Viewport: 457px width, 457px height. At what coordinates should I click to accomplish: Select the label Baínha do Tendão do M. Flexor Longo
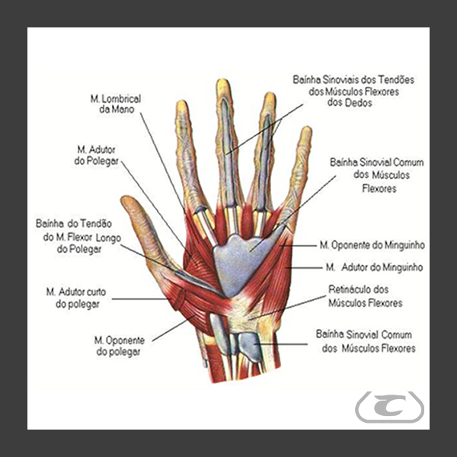(x=74, y=236)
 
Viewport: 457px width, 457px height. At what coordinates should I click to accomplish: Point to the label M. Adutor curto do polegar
(x=75, y=298)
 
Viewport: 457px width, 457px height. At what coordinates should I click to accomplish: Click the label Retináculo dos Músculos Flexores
(x=365, y=296)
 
